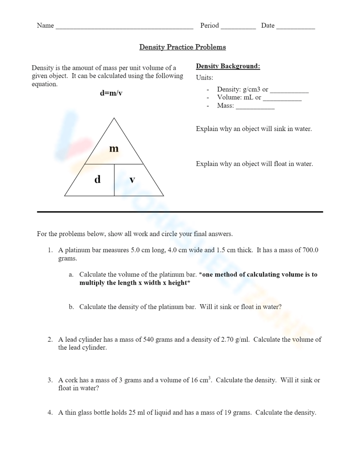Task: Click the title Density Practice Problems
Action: click(183, 47)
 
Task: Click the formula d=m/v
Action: click(111, 93)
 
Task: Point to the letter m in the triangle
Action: click(114, 148)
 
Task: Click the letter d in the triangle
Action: click(97, 179)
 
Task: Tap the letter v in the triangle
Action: click(132, 179)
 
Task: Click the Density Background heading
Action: click(228, 66)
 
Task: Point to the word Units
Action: click(204, 78)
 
